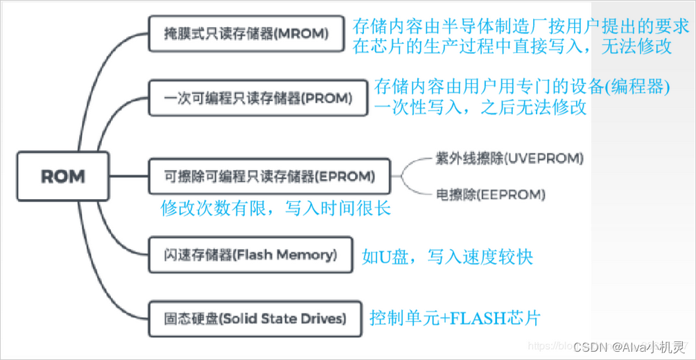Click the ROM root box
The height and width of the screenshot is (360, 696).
(x=62, y=176)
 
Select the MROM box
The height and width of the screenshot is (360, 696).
(x=246, y=34)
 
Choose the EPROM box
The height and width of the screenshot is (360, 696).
(x=270, y=176)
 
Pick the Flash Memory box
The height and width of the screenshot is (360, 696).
(x=251, y=255)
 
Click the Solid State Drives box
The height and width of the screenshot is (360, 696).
(x=255, y=318)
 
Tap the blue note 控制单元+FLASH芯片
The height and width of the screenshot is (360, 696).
(x=455, y=318)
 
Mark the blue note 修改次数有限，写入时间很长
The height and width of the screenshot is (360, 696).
(x=275, y=207)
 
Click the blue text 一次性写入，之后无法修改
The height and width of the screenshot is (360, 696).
(x=480, y=108)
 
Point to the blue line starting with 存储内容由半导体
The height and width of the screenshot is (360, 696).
(x=521, y=27)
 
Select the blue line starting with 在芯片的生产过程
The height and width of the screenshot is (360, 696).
(x=512, y=46)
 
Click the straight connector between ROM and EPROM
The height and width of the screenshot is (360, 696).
(x=129, y=176)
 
